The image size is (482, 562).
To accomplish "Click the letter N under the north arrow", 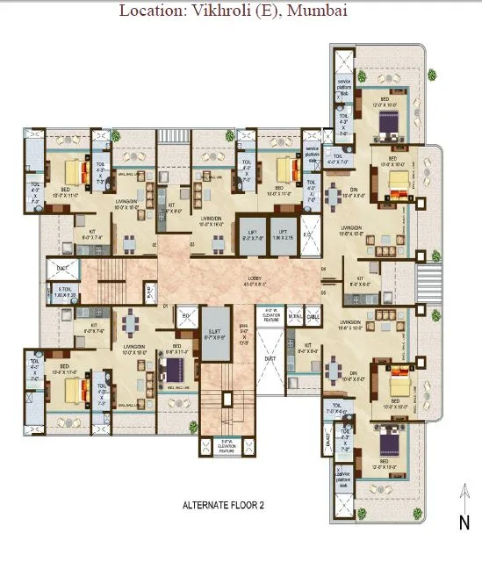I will tap(463, 523).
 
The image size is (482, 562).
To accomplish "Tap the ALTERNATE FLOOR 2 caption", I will tap(223, 506).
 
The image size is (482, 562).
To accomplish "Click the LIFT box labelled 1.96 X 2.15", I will tap(281, 234).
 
